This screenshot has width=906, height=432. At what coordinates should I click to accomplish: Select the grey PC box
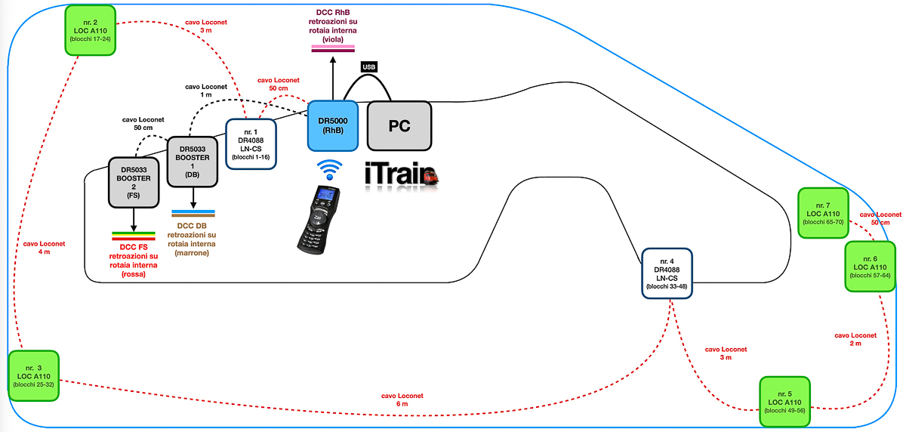[399, 125]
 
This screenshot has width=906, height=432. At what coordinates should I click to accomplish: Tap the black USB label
[369, 67]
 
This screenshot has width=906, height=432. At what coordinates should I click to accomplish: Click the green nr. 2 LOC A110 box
[91, 30]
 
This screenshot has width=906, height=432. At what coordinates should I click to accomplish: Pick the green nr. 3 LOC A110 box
[33, 375]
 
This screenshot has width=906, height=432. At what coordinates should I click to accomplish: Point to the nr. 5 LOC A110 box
[784, 402]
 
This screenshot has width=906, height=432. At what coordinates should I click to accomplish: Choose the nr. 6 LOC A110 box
[870, 267]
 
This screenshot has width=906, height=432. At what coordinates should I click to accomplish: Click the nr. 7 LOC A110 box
[823, 213]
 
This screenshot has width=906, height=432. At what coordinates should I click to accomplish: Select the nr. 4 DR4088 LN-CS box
[669, 273]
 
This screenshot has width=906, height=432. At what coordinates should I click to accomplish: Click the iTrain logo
[401, 177]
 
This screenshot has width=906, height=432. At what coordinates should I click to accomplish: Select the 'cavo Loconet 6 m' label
[402, 400]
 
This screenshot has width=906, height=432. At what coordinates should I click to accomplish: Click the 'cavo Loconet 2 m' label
[855, 339]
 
